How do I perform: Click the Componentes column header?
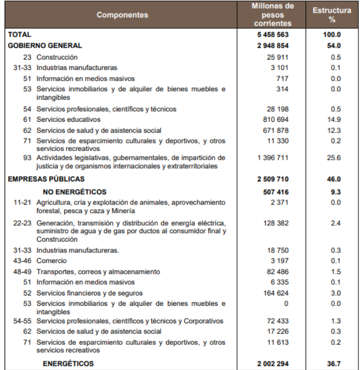[122, 15]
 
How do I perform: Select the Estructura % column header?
[332, 15]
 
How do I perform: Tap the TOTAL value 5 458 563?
[273, 35]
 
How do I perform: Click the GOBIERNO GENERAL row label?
[45, 46]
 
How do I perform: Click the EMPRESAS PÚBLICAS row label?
[46, 179]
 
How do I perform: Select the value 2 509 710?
[273, 179]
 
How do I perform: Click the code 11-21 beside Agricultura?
[23, 202]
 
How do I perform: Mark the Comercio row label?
[51, 261]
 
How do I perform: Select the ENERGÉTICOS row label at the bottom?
[68, 364]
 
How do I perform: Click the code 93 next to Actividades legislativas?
[27, 158]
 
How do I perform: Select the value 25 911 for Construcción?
[277, 57]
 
